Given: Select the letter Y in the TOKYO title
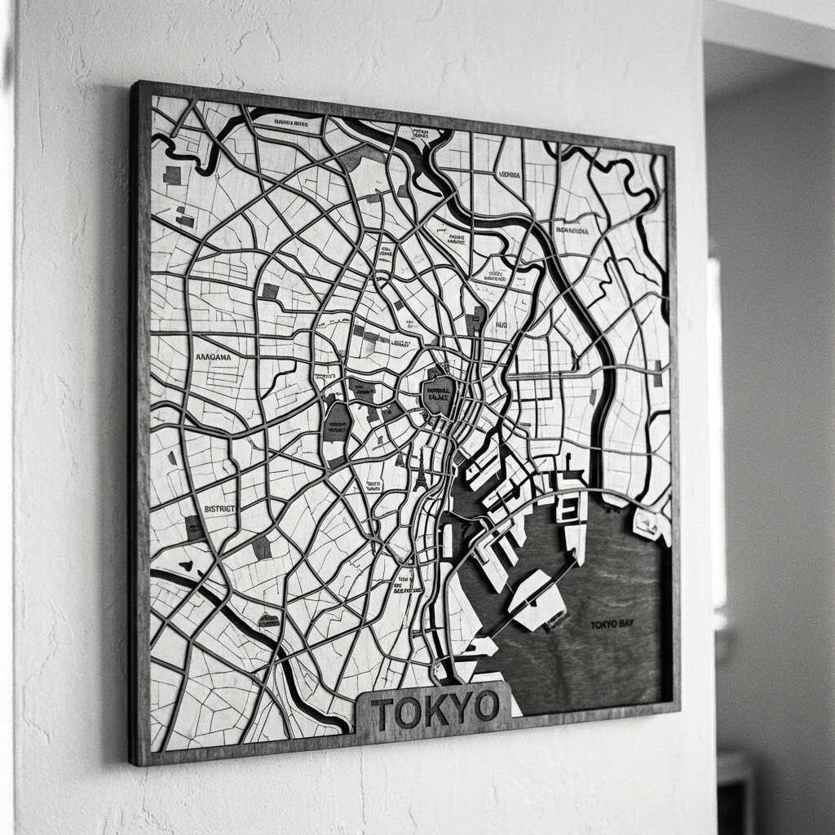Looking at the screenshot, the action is (x=459, y=709).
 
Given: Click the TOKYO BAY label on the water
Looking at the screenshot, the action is (x=612, y=624).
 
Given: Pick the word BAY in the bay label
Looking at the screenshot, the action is (x=625, y=624).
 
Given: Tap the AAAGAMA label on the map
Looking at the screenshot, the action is (x=214, y=356).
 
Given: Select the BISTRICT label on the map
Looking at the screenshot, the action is (x=219, y=508).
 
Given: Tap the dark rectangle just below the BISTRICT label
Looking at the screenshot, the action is (x=195, y=527).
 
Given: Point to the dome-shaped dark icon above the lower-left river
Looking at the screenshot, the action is (x=268, y=621).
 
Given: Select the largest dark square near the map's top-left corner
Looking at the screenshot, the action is (x=172, y=175).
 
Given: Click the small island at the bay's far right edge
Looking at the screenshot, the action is (x=647, y=523).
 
